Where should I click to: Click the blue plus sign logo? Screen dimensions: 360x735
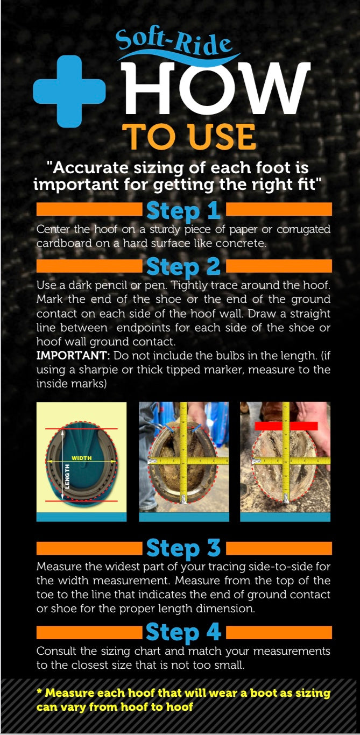pyautogui.click(x=69, y=91)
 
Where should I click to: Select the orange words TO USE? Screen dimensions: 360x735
pyautogui.click(x=189, y=137)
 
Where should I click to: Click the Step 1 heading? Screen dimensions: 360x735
pyautogui.click(x=183, y=211)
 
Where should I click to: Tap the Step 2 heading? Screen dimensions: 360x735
pyautogui.click(x=183, y=267)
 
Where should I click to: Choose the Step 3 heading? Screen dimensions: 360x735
pyautogui.click(x=183, y=548)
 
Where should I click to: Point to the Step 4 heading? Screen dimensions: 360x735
pyautogui.click(x=183, y=632)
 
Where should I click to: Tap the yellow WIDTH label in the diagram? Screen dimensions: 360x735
pyautogui.click(x=82, y=458)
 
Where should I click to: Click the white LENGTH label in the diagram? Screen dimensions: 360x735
pyautogui.click(x=68, y=476)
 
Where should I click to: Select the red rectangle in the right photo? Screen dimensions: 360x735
pyautogui.click(x=286, y=426)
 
